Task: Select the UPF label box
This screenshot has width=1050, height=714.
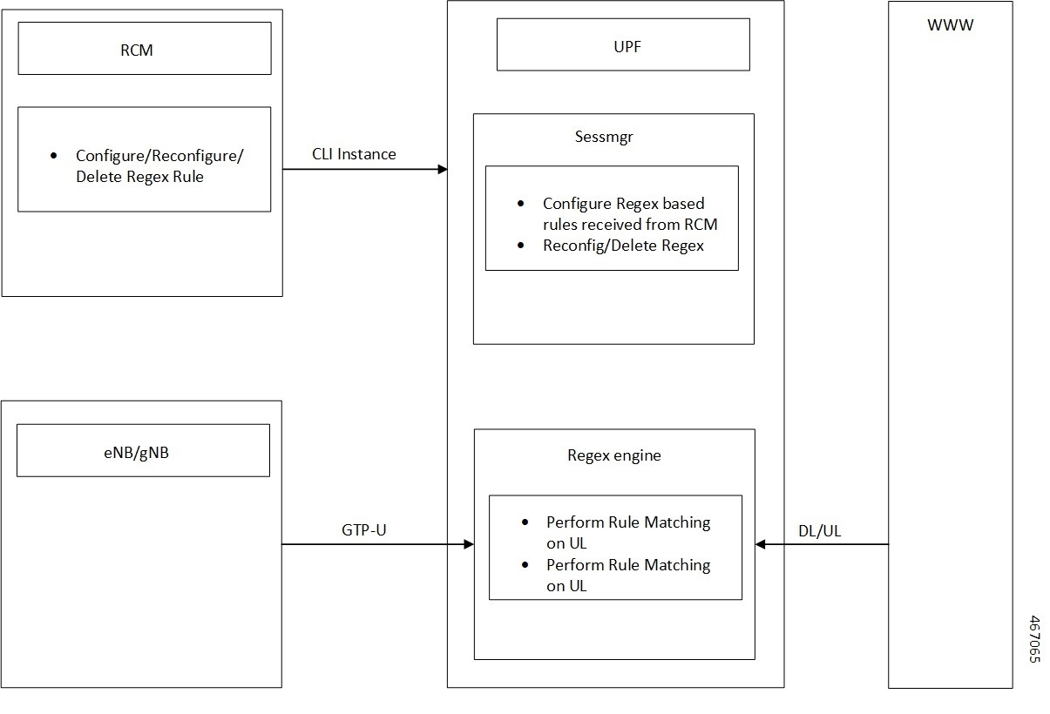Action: [x=622, y=44]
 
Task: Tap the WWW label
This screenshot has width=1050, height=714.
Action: [x=950, y=25]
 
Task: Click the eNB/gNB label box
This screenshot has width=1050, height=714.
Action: [x=143, y=451]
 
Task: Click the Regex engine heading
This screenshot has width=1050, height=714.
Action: [x=613, y=455]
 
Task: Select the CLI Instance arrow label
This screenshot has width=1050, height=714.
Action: [x=354, y=154]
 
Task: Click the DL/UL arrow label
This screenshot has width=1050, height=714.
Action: [x=819, y=531]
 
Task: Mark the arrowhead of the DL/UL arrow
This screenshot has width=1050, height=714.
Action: [x=760, y=544]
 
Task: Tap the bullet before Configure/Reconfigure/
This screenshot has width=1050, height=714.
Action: [x=54, y=156]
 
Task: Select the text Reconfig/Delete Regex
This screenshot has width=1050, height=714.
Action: [x=623, y=246]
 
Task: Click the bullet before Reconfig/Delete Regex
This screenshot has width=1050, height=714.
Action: [x=521, y=246]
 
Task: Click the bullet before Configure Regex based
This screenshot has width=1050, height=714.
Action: [x=521, y=204]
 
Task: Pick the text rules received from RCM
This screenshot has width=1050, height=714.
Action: [x=629, y=225]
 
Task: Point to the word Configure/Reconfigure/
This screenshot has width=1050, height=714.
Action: [x=159, y=156]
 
